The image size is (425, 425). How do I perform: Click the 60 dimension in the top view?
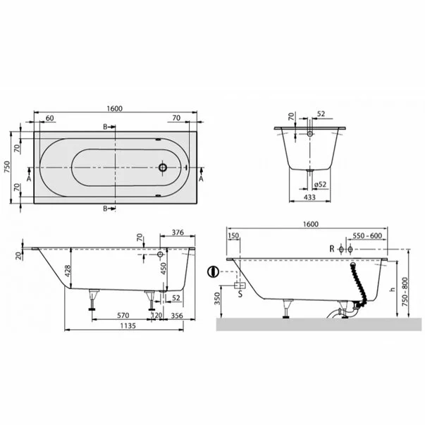click(50, 118)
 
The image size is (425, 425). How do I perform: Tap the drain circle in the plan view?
click(163, 168)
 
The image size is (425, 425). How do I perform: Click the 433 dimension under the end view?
click(308, 197)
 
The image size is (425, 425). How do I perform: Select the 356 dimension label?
click(177, 316)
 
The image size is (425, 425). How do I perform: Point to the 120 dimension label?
click(158, 316)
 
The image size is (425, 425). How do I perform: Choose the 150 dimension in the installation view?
click(234, 236)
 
